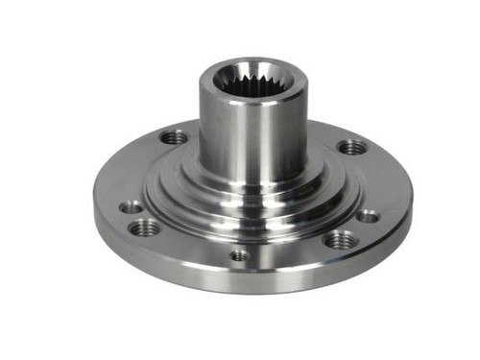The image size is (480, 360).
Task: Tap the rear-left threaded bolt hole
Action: (174, 137)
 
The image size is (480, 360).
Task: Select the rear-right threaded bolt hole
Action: (352, 147)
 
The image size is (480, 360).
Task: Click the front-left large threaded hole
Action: (146, 228)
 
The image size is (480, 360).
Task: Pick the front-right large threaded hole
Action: (337, 239)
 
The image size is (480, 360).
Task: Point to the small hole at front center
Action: (239, 255)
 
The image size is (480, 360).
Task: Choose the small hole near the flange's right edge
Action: (369, 216)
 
